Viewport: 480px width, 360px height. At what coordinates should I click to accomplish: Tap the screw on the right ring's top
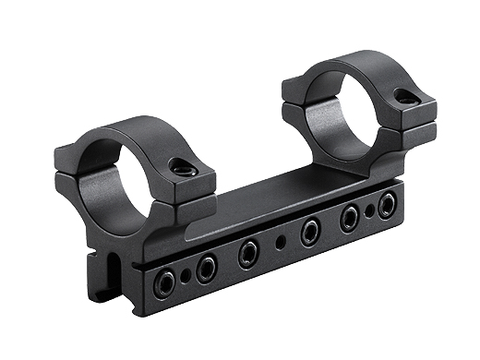tap(404, 95)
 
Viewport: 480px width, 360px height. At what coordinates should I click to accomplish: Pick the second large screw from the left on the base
tap(206, 269)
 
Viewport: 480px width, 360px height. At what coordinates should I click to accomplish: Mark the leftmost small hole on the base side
tap(186, 276)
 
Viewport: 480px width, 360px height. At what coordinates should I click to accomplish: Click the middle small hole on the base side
tap(281, 242)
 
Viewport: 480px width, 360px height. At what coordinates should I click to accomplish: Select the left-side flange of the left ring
tap(72, 166)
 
